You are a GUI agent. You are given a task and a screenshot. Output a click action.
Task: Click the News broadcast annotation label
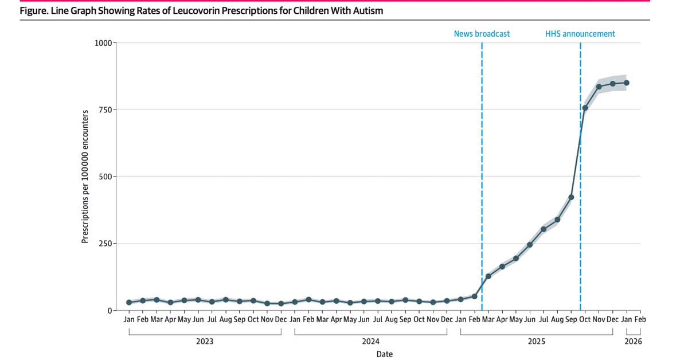coord(482,34)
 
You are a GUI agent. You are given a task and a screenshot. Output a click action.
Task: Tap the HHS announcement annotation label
coord(580,34)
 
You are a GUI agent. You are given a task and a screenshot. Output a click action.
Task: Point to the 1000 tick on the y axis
coord(103,42)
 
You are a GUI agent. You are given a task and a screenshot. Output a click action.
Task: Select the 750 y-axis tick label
coord(105,109)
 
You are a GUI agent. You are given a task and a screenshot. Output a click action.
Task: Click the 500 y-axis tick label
coord(105,177)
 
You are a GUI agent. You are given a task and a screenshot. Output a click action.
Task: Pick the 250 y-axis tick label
coord(105,244)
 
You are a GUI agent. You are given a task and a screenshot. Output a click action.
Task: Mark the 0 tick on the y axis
coord(110,311)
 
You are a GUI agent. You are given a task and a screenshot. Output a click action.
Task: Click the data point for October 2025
coord(585,108)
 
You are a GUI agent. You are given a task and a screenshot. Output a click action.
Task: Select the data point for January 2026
coord(627,83)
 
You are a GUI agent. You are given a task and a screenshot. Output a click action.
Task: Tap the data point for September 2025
coord(571,197)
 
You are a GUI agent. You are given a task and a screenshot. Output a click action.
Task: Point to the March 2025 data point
coord(488,276)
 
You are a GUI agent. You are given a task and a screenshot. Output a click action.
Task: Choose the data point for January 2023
coord(129,302)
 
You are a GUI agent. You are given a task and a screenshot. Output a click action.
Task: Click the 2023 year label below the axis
coord(205,342)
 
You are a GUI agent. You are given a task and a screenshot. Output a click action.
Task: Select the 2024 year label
coord(371,342)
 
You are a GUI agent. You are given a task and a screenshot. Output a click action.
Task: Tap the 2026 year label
coord(634,342)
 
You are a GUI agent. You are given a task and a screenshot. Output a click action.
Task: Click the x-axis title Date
coord(385,354)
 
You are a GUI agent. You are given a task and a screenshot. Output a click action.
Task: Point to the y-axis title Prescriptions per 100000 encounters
coord(85,177)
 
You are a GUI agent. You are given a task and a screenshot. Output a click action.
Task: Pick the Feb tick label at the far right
coord(640,319)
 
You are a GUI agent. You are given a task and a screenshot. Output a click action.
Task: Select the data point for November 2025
coord(599,87)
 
